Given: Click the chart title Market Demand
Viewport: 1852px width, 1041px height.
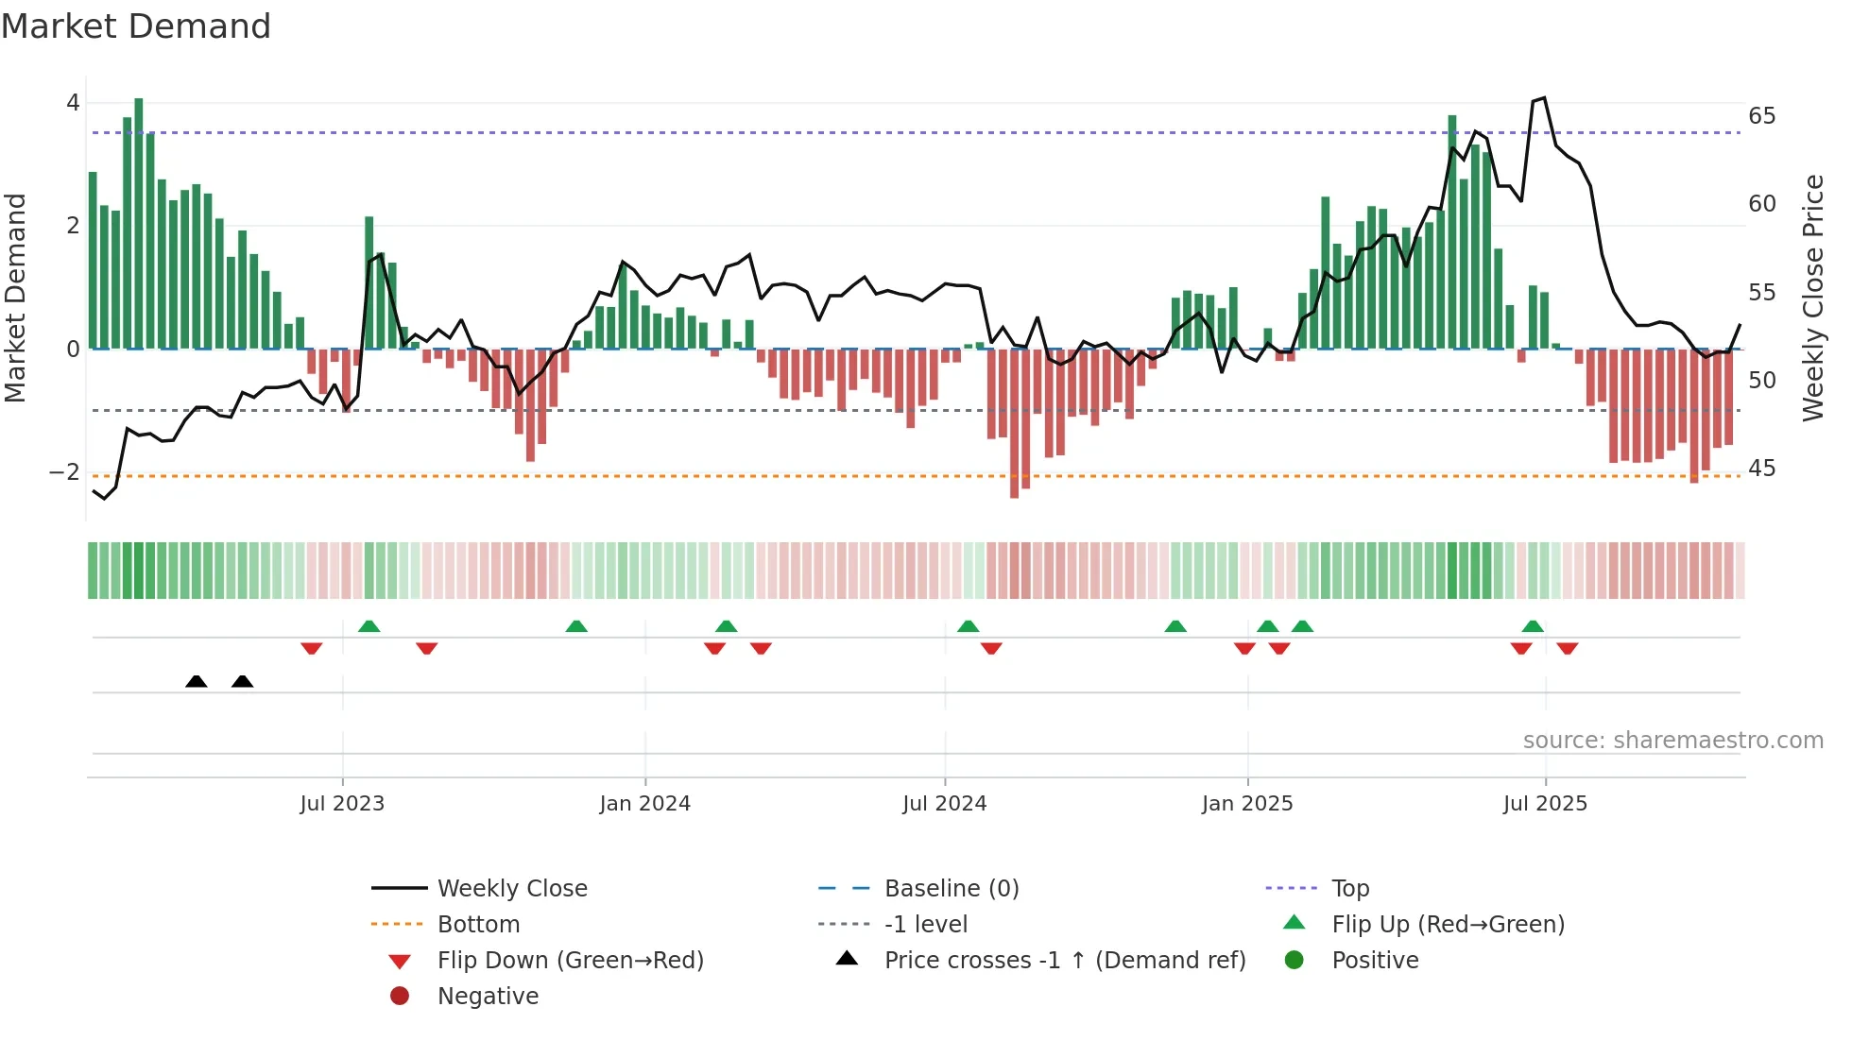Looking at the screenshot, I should (x=136, y=26).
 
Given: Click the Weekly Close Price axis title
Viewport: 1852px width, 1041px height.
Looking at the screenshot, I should (x=1812, y=298).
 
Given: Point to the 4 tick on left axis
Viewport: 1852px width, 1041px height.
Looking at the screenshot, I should (x=73, y=103).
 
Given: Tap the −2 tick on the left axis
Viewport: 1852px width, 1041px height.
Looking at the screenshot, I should (x=64, y=472).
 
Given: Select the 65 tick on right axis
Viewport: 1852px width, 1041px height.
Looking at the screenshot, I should (x=1761, y=116).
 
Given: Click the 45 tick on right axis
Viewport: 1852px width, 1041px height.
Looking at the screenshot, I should (x=1761, y=469).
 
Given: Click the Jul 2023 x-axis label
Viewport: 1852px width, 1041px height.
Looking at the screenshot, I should (x=342, y=804).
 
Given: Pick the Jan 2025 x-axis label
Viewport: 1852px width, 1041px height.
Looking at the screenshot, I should (x=1247, y=804).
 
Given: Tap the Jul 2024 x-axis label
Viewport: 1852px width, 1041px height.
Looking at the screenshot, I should (x=944, y=804).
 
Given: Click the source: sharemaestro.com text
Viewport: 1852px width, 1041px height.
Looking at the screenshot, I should (x=1672, y=741).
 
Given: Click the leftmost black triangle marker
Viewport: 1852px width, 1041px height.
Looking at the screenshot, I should (x=197, y=681).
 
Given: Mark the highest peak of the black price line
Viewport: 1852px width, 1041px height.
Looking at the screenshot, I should (x=1544, y=98).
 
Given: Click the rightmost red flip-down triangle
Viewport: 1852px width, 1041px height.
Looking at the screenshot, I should (x=1568, y=648).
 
